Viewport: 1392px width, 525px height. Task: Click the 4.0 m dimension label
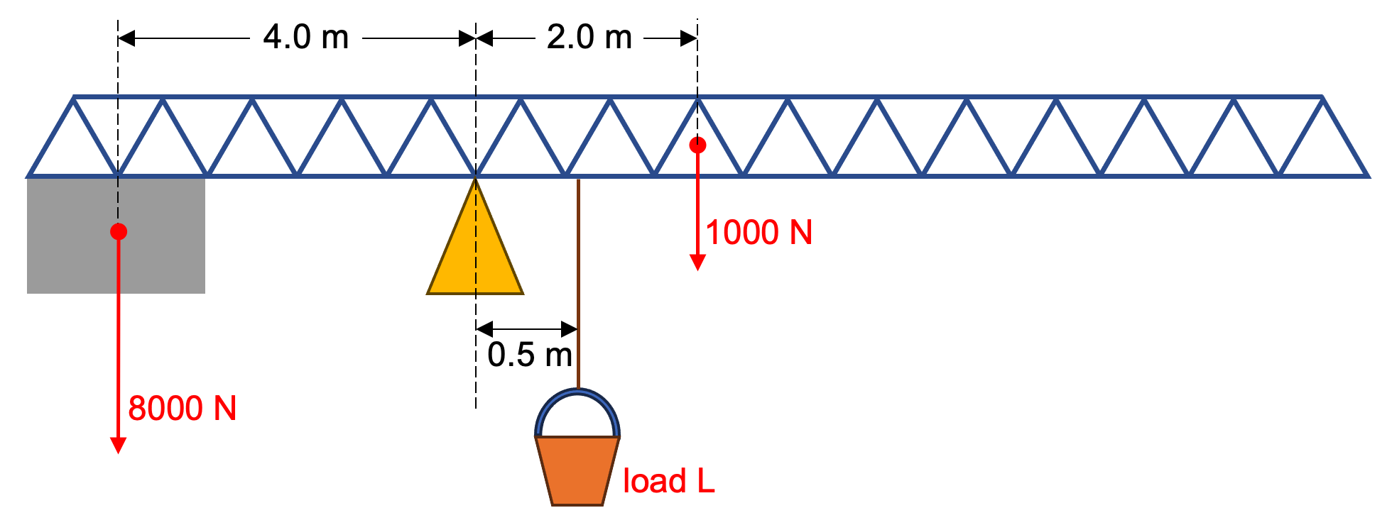tap(305, 37)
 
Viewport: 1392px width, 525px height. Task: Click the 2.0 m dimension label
tap(589, 37)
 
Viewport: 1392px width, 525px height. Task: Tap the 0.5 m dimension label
tap(530, 354)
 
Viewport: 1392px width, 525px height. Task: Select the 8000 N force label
tap(183, 408)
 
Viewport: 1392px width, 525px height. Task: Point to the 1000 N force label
tap(758, 233)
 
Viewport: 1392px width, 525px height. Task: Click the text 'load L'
tap(668, 481)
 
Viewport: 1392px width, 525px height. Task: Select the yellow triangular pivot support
tap(475, 255)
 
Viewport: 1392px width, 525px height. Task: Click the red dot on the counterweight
tap(119, 231)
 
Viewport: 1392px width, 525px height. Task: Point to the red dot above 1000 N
tap(697, 145)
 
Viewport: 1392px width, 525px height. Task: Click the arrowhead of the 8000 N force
tap(119, 446)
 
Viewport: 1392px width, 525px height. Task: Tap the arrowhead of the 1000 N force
tap(697, 262)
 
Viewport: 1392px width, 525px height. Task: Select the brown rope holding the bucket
tap(578, 284)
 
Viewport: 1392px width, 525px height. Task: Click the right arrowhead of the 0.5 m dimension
tap(570, 328)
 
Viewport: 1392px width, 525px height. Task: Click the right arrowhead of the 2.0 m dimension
tap(688, 38)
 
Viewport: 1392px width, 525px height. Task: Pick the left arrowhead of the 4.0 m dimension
tap(126, 38)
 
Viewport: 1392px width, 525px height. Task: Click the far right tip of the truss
tap(1366, 175)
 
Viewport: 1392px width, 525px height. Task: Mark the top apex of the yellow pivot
tap(475, 181)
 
